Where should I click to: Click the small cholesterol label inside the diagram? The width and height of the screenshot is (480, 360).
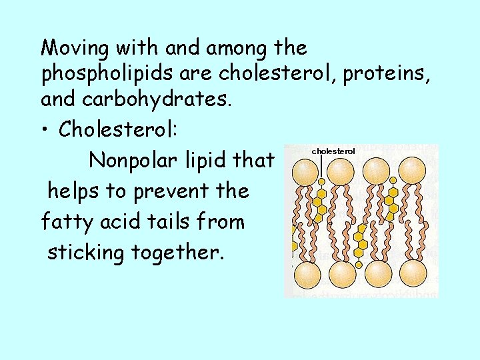click(x=333, y=151)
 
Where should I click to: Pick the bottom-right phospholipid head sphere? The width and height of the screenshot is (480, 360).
click(x=414, y=273)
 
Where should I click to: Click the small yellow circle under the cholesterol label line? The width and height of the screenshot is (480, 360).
click(x=321, y=181)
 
